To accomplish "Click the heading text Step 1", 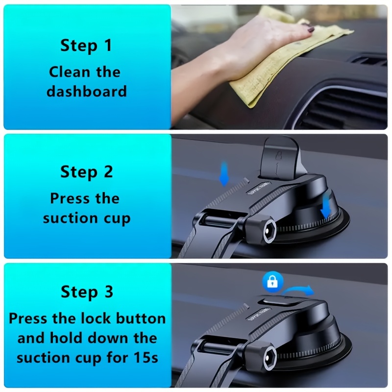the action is pyautogui.click(x=86, y=46).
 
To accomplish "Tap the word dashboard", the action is pyautogui.click(x=87, y=91).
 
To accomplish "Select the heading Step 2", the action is pyautogui.click(x=87, y=172).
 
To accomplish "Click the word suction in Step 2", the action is pyautogui.click(x=70, y=218).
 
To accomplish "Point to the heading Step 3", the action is pyautogui.click(x=87, y=292).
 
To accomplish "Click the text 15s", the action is pyautogui.click(x=146, y=358).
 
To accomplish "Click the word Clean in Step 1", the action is pyautogui.click(x=70, y=72).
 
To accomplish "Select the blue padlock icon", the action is pyautogui.click(x=273, y=282).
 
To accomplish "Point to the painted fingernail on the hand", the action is pyautogui.click(x=311, y=29).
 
